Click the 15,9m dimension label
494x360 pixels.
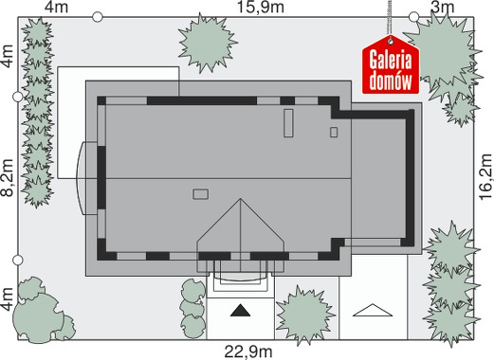(x=261, y=8)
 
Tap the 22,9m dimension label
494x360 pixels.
(x=248, y=351)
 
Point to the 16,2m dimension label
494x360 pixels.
(x=485, y=176)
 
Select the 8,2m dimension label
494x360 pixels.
(x=8, y=178)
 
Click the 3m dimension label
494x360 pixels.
(x=443, y=8)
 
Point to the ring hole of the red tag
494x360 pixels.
(x=391, y=41)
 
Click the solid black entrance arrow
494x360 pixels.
(x=240, y=311)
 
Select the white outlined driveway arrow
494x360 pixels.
(x=373, y=310)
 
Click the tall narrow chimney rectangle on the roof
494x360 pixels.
(x=288, y=123)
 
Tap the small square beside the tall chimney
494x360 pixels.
(x=334, y=132)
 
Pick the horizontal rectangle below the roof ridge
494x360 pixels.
(x=200, y=194)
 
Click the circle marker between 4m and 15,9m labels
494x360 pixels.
(x=98, y=17)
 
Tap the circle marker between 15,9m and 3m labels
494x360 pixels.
(x=413, y=17)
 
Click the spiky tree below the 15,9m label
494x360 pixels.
(x=208, y=43)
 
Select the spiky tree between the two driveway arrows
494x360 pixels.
(x=304, y=315)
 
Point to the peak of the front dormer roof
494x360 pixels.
(x=240, y=199)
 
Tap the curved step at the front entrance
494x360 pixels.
(x=240, y=278)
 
